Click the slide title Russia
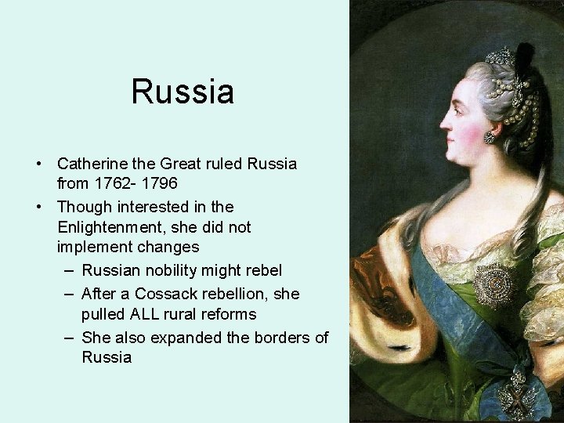tap(183, 92)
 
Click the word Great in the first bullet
tap(181, 164)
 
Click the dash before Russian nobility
tap(68, 271)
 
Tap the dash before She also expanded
tap(68, 338)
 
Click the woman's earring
tap(490, 138)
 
